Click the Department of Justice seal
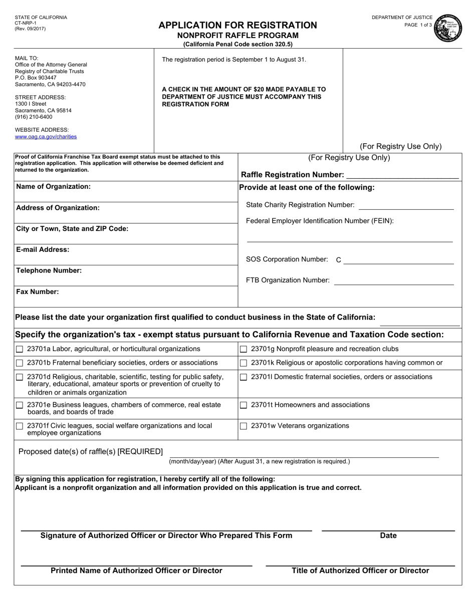448,29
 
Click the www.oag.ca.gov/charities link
46,136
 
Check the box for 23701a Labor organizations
20,349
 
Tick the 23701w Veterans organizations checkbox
244,426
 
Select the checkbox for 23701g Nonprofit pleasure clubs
244,349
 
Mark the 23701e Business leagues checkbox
20,405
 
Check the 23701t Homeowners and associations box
244,405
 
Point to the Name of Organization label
54,186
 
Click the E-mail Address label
43,249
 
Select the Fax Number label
38,291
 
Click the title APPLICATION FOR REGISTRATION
237,25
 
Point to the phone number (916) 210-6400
34,117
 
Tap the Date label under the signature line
388,535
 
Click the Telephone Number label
49,270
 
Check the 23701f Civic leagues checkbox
20,426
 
